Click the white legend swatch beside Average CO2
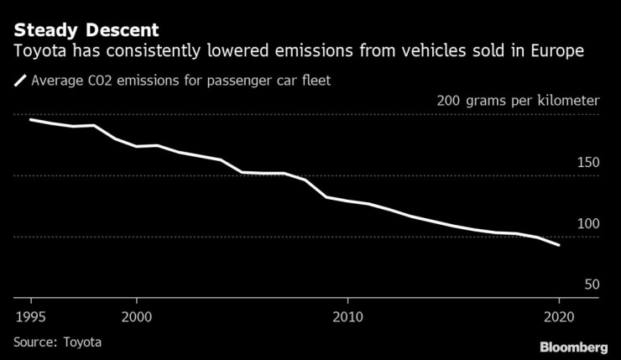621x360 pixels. click(19, 81)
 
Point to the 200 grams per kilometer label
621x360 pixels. click(518, 102)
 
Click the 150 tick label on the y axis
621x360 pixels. click(587, 163)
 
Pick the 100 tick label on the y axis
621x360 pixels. click(587, 224)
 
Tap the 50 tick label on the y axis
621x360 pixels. click(591, 285)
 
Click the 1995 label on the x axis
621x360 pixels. click(30, 316)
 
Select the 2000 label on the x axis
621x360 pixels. click(136, 316)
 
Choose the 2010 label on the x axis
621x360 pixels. click(347, 316)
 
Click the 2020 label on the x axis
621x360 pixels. click(559, 316)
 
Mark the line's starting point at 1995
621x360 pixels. click(30, 120)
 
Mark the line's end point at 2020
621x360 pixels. click(559, 245)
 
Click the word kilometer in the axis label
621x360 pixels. click(567, 102)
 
